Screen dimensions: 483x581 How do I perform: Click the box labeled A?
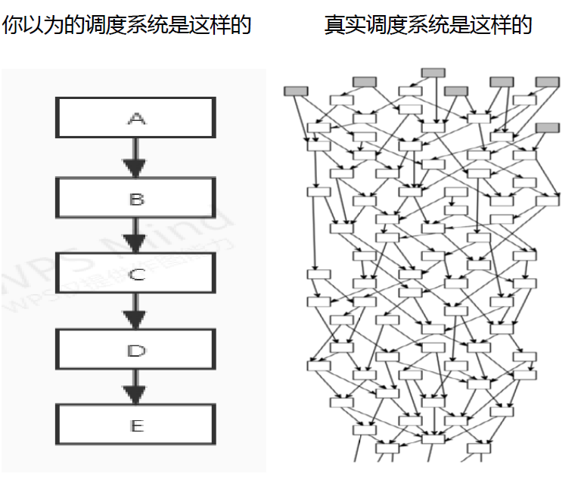(x=135, y=118)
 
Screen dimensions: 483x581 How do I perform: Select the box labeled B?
(x=135, y=199)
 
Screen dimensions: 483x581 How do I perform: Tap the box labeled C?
(x=135, y=274)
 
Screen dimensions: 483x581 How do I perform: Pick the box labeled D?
(x=135, y=350)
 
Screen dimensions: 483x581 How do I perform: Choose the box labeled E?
(x=135, y=425)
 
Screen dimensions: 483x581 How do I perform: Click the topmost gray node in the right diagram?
(x=433, y=73)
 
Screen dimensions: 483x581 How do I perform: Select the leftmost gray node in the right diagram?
(x=296, y=91)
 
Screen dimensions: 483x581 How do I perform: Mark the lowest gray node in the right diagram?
(x=547, y=128)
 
